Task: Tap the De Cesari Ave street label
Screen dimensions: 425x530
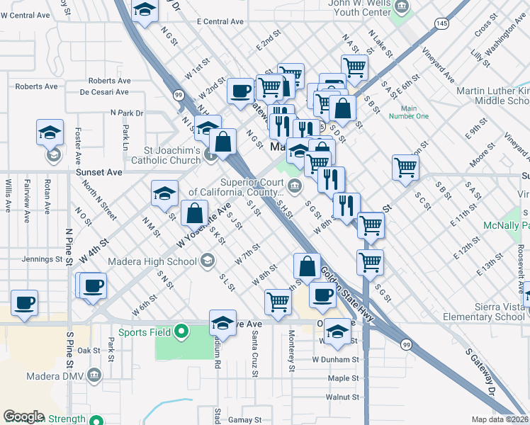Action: (104, 92)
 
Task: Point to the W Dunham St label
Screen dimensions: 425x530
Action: (336, 359)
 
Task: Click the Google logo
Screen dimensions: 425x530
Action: (23, 416)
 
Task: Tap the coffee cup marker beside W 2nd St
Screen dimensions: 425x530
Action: (241, 91)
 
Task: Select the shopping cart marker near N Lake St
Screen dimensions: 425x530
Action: (354, 67)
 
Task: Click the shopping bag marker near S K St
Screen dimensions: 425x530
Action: (194, 212)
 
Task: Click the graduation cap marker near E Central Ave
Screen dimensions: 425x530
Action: (145, 10)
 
